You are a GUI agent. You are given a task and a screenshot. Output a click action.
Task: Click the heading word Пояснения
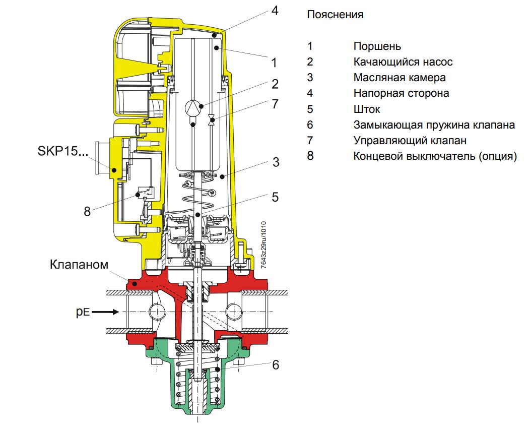point(335,15)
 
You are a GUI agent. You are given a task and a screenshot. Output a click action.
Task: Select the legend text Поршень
point(377,46)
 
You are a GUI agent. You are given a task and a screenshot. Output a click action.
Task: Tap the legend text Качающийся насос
point(403,62)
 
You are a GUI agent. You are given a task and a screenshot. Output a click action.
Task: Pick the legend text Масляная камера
point(399,78)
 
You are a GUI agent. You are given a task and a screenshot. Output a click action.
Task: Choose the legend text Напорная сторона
point(401,93)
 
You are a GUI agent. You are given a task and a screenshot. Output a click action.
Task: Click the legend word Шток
point(367,109)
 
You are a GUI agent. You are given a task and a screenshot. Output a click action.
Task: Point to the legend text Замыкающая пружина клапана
point(434,125)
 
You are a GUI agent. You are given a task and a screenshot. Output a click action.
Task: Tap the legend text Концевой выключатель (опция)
point(435,156)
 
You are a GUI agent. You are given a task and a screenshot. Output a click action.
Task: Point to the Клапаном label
point(79,265)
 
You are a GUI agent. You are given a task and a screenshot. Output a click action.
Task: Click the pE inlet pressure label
point(83,312)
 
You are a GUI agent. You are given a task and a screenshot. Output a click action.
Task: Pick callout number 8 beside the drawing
point(87,211)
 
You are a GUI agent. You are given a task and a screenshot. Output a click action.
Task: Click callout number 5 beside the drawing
point(275,197)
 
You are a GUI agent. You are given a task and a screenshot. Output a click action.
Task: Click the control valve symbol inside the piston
point(212,120)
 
